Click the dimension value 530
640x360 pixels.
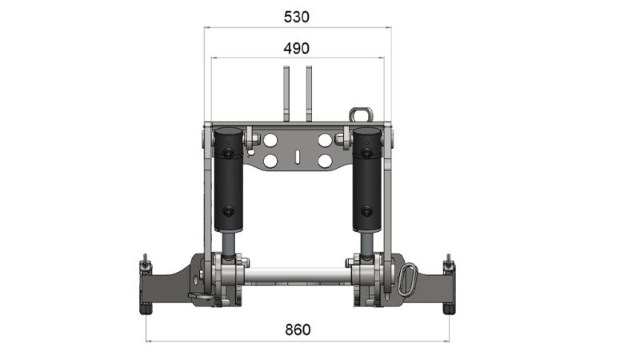(x=296, y=16)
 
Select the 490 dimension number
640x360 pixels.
(x=296, y=48)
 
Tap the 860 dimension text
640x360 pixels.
(x=296, y=330)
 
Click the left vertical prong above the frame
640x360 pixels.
(x=285, y=92)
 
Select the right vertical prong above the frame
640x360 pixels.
(x=308, y=92)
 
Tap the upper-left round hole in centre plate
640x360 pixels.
(x=270, y=141)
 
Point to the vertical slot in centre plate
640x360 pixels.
(x=297, y=156)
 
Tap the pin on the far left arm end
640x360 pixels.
(x=145, y=263)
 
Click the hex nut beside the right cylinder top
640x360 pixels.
(x=342, y=142)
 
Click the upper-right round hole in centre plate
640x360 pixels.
(x=324, y=141)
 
